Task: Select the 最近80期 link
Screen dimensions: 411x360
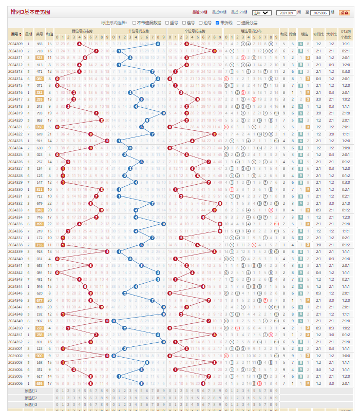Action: [219, 12]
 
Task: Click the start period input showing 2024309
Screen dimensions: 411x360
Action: [285, 12]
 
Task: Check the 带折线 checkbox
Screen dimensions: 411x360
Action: [218, 23]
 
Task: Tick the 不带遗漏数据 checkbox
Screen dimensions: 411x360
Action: [135, 23]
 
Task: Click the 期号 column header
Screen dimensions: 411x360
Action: [15, 34]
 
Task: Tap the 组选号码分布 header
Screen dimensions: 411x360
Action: [251, 31]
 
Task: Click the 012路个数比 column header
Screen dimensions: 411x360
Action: [346, 34]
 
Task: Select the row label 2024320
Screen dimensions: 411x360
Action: [15, 120]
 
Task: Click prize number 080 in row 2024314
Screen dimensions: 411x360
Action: [39, 79]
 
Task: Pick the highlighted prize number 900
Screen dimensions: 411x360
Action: [39, 355]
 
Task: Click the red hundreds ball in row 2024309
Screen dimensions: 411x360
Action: [79, 44]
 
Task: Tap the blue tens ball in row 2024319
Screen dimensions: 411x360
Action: [163, 113]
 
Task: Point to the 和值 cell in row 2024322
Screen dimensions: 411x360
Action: [49, 133]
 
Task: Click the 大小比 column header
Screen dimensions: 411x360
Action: [331, 34]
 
